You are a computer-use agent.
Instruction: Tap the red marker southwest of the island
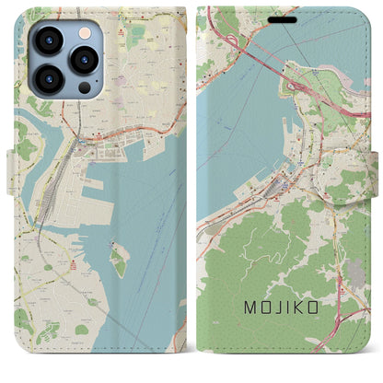pos(75,266)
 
